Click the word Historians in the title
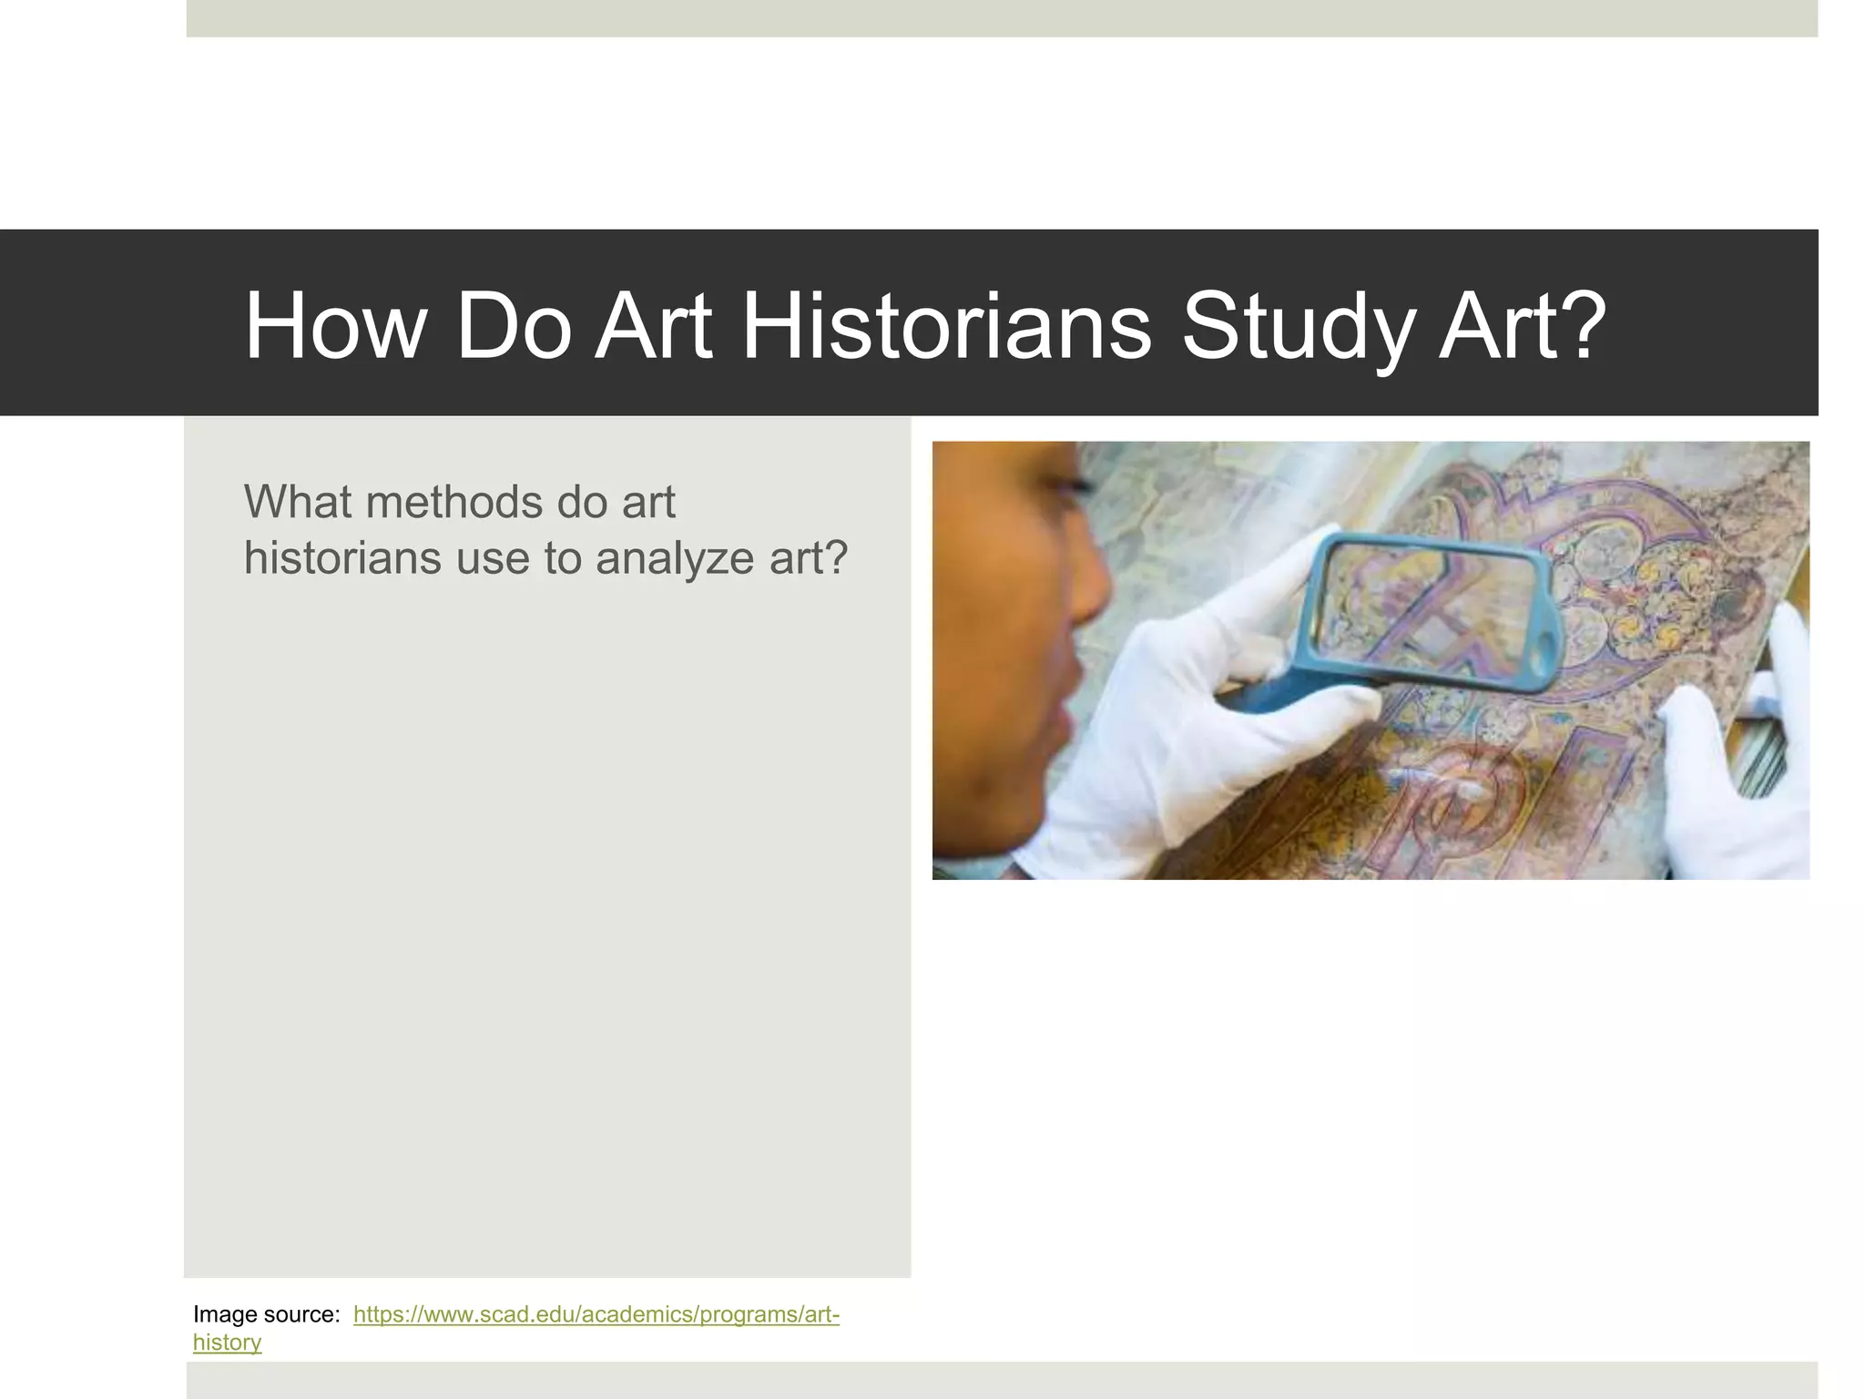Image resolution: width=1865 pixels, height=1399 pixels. click(947, 326)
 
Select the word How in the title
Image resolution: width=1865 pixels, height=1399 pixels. click(334, 326)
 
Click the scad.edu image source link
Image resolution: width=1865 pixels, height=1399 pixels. click(596, 1314)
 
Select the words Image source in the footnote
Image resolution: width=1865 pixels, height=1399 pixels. click(266, 1314)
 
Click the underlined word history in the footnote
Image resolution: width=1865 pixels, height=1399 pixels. click(227, 1343)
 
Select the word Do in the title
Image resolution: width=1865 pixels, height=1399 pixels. click(514, 326)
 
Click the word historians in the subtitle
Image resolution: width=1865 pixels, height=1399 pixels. click(341, 557)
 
